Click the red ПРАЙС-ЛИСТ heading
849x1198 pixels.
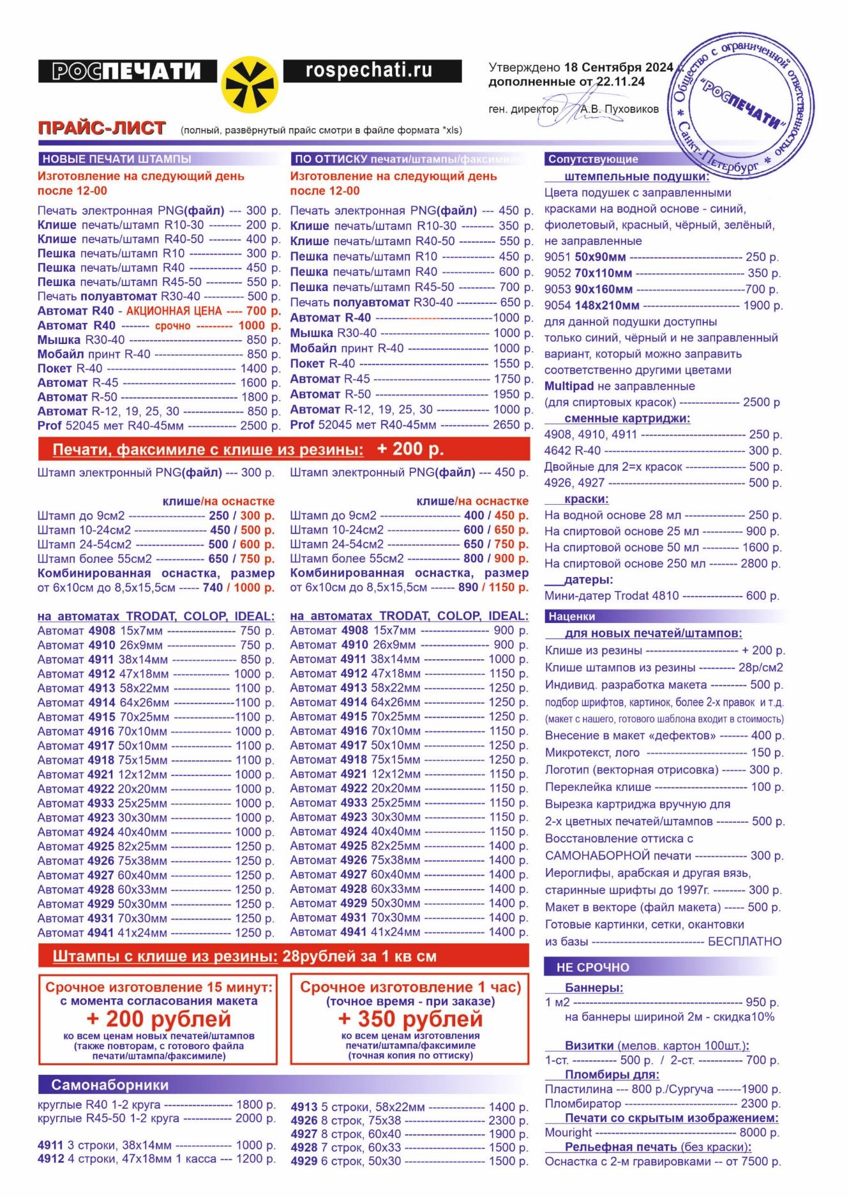coord(102,128)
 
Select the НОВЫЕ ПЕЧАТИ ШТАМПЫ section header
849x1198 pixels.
coord(117,159)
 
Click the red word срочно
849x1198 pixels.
coord(172,326)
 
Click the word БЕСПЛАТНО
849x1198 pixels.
coord(744,941)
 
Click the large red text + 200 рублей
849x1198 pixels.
coord(158,1019)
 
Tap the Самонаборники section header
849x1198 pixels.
coord(110,1085)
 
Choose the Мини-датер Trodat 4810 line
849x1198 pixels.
coord(661,595)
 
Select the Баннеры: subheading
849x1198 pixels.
coord(594,988)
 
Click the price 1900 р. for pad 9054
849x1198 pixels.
coord(763,306)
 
